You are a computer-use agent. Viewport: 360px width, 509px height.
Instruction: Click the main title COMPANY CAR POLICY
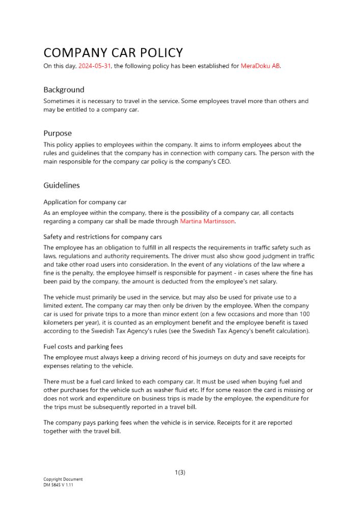tap(113, 52)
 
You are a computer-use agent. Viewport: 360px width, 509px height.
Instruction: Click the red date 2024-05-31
tap(94, 66)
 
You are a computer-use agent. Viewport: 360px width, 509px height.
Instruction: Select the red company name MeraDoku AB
tap(260, 66)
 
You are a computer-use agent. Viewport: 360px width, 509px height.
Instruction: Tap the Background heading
tap(64, 90)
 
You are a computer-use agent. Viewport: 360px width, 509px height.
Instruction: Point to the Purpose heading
tap(58, 133)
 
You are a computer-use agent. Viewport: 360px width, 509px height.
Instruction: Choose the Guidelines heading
tap(62, 185)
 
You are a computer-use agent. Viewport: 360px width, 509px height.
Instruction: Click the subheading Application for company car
tap(85, 202)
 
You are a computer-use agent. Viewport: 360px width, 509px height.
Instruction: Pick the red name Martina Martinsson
tap(207, 221)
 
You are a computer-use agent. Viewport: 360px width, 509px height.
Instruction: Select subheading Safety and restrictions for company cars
tap(102, 237)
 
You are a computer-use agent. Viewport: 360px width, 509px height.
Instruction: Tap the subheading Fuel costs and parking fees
tap(82, 347)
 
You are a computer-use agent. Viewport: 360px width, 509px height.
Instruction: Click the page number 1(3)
tap(180, 472)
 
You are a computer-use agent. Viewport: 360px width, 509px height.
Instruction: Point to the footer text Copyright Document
tap(63, 479)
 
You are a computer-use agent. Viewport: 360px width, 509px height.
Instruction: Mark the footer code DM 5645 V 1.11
tap(59, 485)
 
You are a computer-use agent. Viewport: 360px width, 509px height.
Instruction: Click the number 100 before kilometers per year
tap(303, 314)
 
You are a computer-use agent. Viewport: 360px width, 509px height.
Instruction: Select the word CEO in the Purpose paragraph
tap(224, 162)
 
